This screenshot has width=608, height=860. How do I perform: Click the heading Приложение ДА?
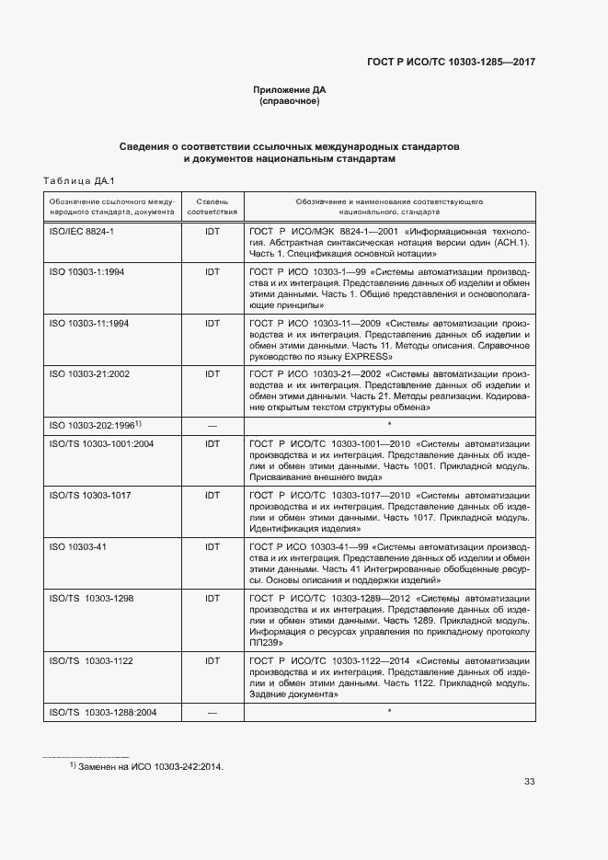pyautogui.click(x=290, y=90)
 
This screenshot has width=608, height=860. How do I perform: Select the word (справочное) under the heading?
pyautogui.click(x=290, y=101)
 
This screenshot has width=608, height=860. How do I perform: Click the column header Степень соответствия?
pyautogui.click(x=212, y=205)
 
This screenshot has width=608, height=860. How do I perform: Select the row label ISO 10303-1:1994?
pyautogui.click(x=87, y=273)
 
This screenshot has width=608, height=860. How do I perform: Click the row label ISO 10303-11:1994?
pyautogui.click(x=89, y=324)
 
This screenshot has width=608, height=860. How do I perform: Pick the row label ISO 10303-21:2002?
pyautogui.click(x=89, y=374)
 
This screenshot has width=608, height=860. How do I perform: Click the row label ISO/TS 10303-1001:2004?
pyautogui.click(x=101, y=443)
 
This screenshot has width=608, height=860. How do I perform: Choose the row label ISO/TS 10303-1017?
pyautogui.click(x=89, y=495)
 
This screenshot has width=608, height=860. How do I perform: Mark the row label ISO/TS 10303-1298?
pyautogui.click(x=90, y=598)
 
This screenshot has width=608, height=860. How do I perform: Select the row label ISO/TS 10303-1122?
pyautogui.click(x=90, y=660)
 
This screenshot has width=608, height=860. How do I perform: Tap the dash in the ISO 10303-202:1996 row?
pyautogui.click(x=212, y=425)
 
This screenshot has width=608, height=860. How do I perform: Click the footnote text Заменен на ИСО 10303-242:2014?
pyautogui.click(x=151, y=765)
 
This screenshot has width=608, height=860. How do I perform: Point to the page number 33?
pyautogui.click(x=529, y=782)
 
